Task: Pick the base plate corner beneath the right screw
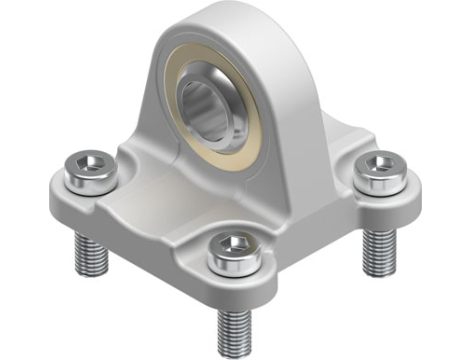coord(400,195)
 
